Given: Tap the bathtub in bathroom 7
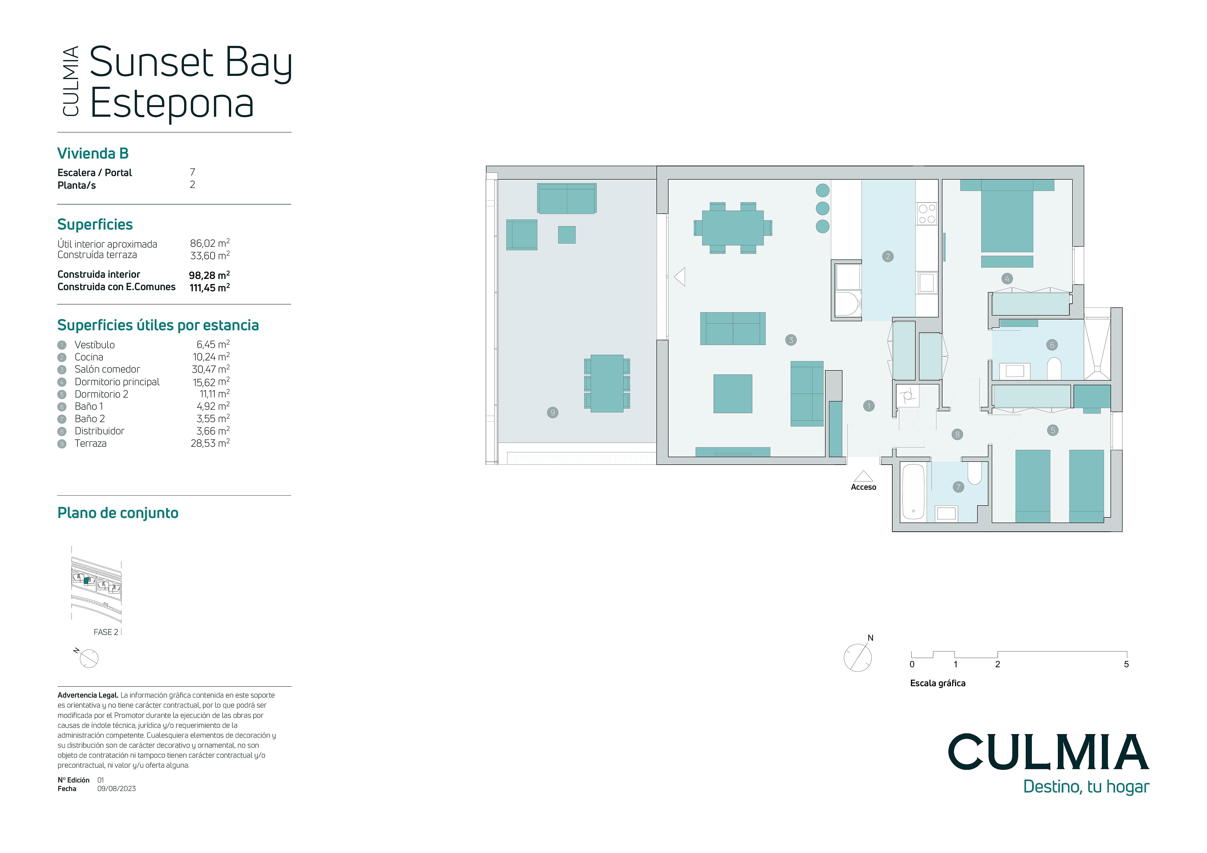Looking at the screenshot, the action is pos(913,492).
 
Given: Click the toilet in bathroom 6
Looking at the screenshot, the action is pos(1054,369).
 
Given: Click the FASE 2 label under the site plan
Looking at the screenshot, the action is pos(106,632).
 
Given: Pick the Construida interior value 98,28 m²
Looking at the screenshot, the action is pos(209,275).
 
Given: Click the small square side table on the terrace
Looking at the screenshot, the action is pos(567,235).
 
